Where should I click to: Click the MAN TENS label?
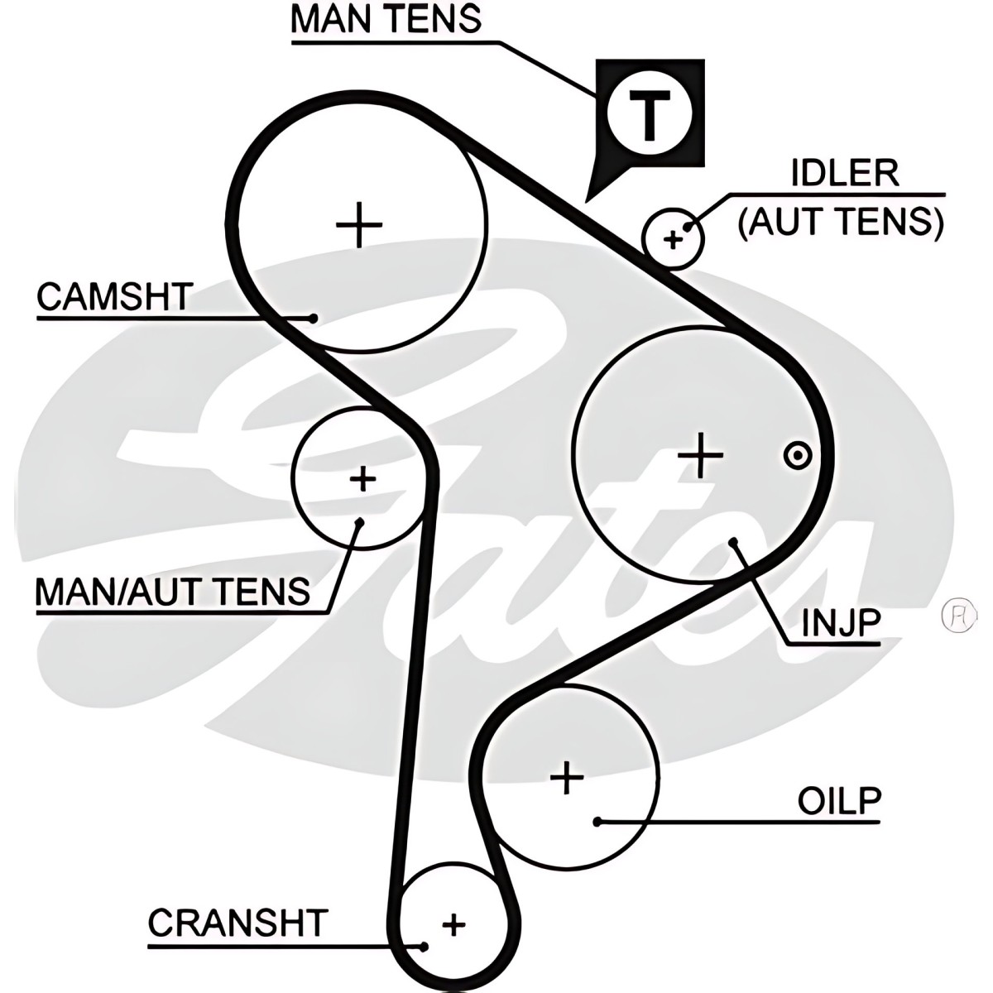[386, 19]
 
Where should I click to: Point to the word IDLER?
[843, 174]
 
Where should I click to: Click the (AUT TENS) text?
[841, 221]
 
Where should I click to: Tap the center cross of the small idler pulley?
[673, 240]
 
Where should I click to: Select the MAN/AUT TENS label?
[172, 591]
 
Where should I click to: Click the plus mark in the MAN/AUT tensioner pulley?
[362, 478]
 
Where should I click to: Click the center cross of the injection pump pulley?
[700, 455]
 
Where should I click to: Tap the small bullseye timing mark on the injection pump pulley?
[797, 454]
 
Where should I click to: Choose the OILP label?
[839, 800]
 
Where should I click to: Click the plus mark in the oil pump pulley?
[568, 777]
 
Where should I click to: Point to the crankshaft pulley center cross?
[453, 923]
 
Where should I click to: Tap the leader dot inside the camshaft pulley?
[313, 316]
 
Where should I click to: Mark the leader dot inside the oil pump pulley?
[597, 822]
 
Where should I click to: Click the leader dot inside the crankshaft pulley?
[424, 946]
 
